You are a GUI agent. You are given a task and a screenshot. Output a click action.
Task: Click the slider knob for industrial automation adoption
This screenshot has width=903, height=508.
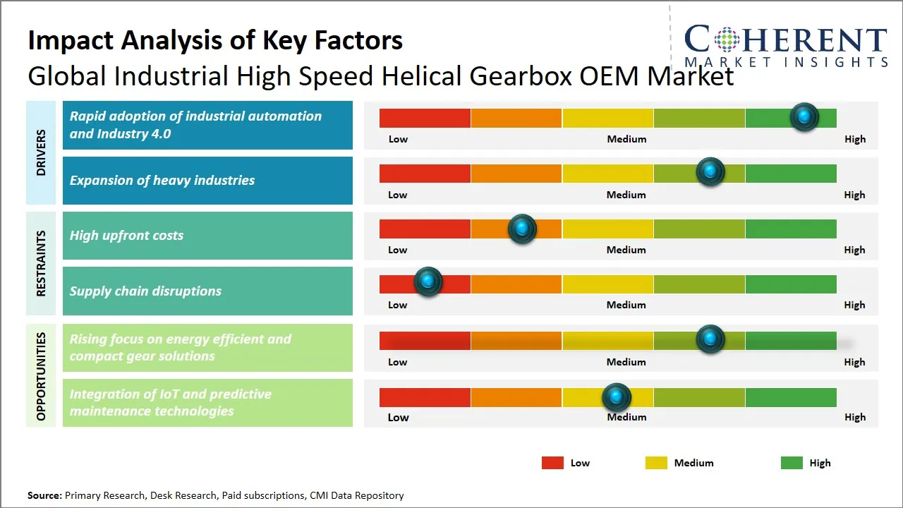coord(804,116)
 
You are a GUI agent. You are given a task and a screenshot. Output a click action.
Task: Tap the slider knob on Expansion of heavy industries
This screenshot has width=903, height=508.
coord(710,171)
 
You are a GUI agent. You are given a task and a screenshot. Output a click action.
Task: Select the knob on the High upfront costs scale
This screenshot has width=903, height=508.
coord(522,228)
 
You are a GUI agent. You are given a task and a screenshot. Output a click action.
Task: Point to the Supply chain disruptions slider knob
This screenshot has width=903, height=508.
coord(428,282)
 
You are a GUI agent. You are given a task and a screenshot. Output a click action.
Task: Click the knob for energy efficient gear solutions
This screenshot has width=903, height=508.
coord(710,339)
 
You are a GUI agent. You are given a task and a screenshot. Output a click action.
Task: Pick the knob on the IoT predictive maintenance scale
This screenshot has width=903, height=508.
coord(617,397)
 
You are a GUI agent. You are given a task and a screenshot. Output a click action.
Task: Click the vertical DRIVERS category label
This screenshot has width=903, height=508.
coord(41,152)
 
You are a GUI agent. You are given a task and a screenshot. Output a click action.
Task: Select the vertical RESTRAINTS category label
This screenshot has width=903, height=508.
coord(41,263)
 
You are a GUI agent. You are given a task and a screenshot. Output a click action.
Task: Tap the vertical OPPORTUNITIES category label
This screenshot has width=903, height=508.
coord(41,375)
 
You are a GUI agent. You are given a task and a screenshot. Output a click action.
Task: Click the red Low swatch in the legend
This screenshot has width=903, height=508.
coord(552,463)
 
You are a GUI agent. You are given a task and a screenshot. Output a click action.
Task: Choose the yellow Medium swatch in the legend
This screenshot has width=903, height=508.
coord(656,463)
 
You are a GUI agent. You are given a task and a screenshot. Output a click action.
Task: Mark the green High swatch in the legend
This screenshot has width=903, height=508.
coord(792,463)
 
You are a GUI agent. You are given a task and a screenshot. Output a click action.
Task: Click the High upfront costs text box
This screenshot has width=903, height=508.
coord(207,236)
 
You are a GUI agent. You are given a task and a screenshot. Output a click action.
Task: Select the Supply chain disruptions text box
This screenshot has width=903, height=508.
coord(207,291)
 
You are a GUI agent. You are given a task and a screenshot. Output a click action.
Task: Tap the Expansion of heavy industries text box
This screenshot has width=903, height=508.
coord(207,181)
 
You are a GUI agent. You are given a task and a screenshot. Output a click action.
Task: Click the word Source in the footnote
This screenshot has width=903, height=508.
coord(44,495)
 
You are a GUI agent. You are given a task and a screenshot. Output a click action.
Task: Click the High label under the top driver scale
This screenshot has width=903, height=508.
coord(855,139)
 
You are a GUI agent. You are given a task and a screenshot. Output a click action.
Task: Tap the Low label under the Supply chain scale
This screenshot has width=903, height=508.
coord(398,305)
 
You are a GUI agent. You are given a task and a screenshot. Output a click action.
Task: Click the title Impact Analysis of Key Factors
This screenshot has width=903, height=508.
coord(215,40)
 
